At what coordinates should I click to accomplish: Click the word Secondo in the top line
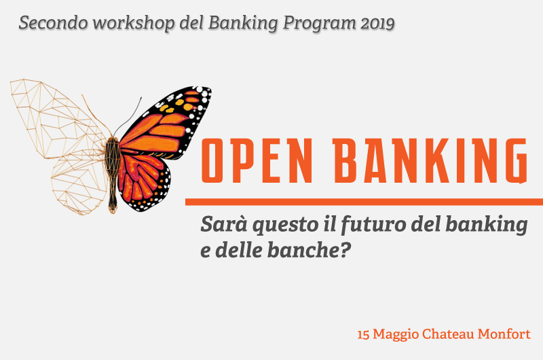pos(53,23)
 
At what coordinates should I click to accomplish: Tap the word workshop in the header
pos(133,23)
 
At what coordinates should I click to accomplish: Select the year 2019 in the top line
pos(377,24)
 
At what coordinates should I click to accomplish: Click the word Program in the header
pos(319,24)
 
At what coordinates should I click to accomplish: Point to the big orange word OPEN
pos(257,160)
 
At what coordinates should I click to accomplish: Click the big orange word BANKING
pos(430,160)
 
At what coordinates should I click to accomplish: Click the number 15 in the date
pos(363,335)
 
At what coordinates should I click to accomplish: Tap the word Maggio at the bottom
pos(396,335)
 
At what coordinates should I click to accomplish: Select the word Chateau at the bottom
pos(448,334)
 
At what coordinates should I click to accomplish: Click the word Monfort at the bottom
pos(504,334)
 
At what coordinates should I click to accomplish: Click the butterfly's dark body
pos(113,173)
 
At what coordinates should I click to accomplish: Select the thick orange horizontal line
pos(364,202)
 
